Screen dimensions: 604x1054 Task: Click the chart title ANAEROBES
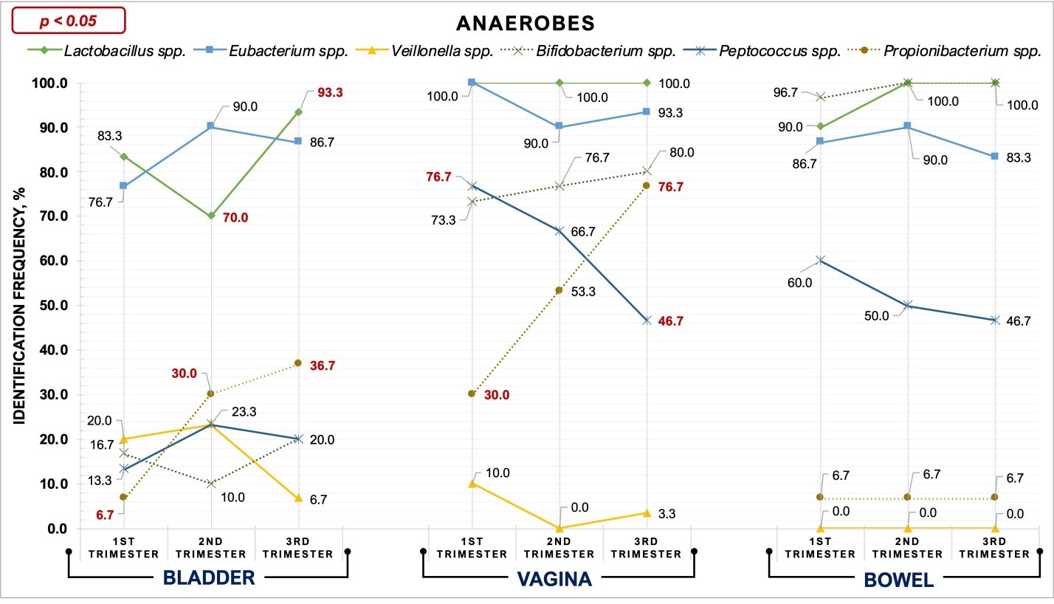pos(525,23)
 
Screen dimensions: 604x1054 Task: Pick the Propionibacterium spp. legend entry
pos(951,52)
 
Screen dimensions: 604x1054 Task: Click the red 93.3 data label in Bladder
pos(330,93)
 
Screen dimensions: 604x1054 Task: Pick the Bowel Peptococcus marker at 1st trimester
pos(821,260)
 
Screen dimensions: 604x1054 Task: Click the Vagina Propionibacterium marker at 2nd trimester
pos(559,290)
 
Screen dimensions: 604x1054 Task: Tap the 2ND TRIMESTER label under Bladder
pos(211,549)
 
